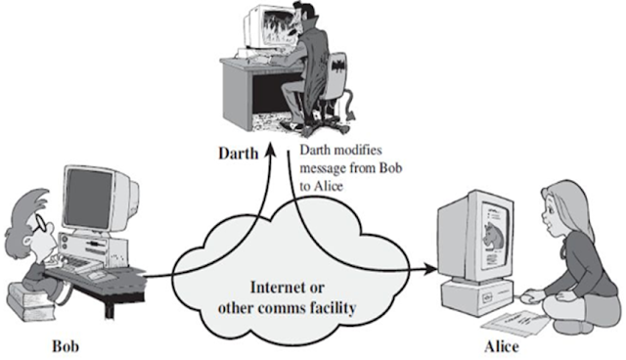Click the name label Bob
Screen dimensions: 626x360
pyautogui.click(x=66, y=345)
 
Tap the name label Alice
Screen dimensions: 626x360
pyautogui.click(x=502, y=346)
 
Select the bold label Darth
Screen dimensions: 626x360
pyautogui.click(x=238, y=154)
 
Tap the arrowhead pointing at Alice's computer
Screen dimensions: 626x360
pyautogui.click(x=430, y=269)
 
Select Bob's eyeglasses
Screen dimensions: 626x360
pyautogui.click(x=41, y=224)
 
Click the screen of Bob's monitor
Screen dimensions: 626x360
pyautogui.click(x=89, y=199)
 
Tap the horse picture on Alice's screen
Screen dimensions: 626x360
pyautogui.click(x=492, y=236)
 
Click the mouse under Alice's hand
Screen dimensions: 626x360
pyautogui.click(x=529, y=296)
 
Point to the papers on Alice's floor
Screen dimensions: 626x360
pyautogui.click(x=515, y=322)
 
